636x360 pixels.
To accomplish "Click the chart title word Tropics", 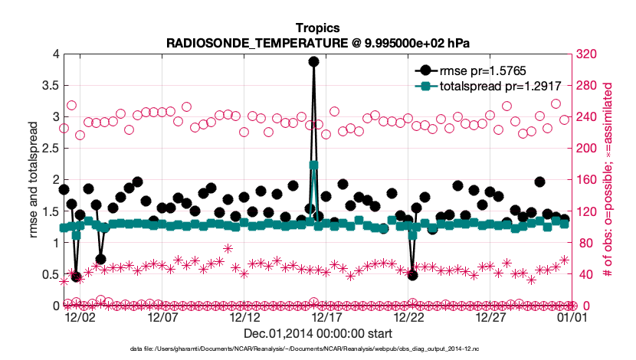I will pos(318,28).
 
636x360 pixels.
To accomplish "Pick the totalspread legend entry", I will pos(472,87).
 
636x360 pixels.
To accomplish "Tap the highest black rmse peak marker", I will pos(313,62).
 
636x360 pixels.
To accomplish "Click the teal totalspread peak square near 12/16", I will pos(313,165).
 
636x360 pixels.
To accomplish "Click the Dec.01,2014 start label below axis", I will pos(318,334).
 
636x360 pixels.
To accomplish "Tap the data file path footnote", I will pos(318,349).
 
